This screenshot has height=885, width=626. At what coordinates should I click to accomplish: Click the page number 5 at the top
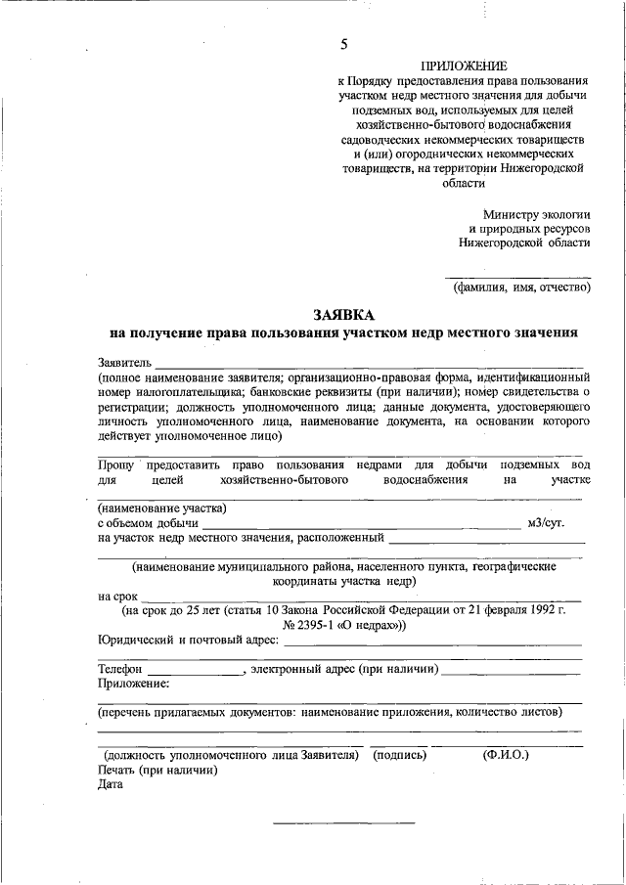point(343,43)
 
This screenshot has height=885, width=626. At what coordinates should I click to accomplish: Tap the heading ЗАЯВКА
point(342,315)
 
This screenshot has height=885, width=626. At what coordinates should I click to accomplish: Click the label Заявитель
point(124,363)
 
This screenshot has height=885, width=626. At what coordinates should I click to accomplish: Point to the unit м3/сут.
point(545,524)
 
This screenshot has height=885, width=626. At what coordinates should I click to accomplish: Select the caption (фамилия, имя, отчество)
point(520,288)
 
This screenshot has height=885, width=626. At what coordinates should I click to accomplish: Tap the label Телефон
point(120,669)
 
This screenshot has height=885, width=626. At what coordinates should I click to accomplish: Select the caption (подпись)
point(399,755)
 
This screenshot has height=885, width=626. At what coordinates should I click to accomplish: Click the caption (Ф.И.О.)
point(506,755)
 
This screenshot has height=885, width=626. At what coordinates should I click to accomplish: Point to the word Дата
point(110,784)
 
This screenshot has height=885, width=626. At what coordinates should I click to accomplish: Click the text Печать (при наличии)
point(157,770)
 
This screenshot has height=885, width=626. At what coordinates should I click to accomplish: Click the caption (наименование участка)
point(162,509)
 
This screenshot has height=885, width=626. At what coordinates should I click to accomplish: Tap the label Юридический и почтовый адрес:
point(189,641)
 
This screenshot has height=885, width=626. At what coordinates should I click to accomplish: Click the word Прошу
point(114,465)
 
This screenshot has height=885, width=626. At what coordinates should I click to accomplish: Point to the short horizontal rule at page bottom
point(343,820)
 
